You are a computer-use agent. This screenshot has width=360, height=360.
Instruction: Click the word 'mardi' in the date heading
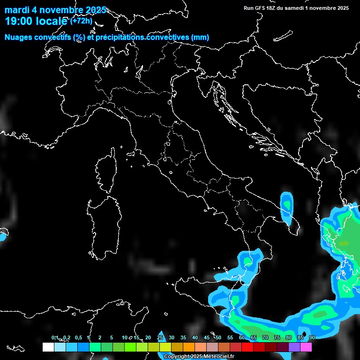pyautogui.click(x=17, y=10)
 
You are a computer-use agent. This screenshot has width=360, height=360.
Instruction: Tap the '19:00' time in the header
pyautogui.click(x=19, y=21)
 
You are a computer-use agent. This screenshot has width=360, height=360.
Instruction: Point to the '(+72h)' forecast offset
pyautogui.click(x=82, y=21)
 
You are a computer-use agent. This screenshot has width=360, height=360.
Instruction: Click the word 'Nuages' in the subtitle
pyautogui.click(x=19, y=37)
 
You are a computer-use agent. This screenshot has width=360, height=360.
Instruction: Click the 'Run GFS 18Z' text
pyautogui.click(x=261, y=8)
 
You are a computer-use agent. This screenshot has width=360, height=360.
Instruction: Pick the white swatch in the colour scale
pyautogui.click(x=48, y=347)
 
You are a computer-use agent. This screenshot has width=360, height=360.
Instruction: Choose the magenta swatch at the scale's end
pyautogui.click(x=306, y=347)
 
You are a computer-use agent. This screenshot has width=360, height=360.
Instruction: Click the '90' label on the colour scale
pyautogui.click(x=312, y=337)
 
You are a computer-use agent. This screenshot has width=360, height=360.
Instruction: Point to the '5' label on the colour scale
pyautogui.click(x=112, y=337)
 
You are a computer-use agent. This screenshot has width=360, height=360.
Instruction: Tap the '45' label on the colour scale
pyautogui.click(x=207, y=337)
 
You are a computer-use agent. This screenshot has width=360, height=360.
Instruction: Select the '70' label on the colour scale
pyautogui.click(x=265, y=337)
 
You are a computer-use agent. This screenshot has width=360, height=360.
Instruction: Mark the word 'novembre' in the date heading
pyautogui.click(x=61, y=10)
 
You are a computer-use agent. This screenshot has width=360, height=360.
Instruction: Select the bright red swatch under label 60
pyautogui.click(x=247, y=347)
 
